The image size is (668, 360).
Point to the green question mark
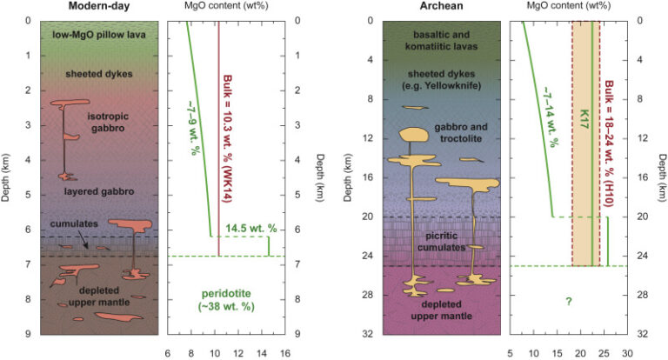[566, 301]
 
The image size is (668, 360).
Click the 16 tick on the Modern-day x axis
[285, 352]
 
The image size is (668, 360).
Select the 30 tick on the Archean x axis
[627, 352]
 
